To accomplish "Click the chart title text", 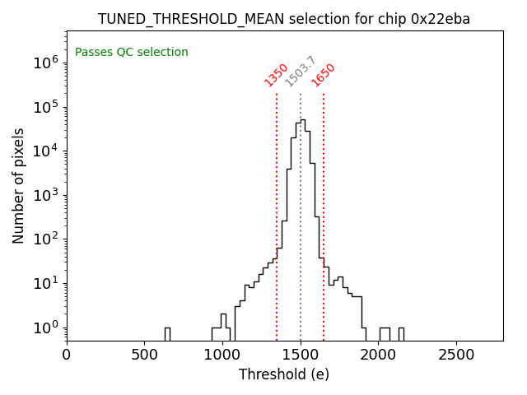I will (284, 19).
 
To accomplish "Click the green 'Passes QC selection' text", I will (132, 53).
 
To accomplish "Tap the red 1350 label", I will (276, 75).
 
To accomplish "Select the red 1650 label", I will (323, 75).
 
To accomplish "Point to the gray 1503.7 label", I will (301, 72).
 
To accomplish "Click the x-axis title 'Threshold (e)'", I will (284, 374).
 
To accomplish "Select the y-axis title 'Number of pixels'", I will (19, 185).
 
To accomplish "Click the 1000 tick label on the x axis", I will (222, 354).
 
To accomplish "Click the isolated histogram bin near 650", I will (167, 334).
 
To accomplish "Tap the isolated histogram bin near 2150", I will (401, 334).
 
